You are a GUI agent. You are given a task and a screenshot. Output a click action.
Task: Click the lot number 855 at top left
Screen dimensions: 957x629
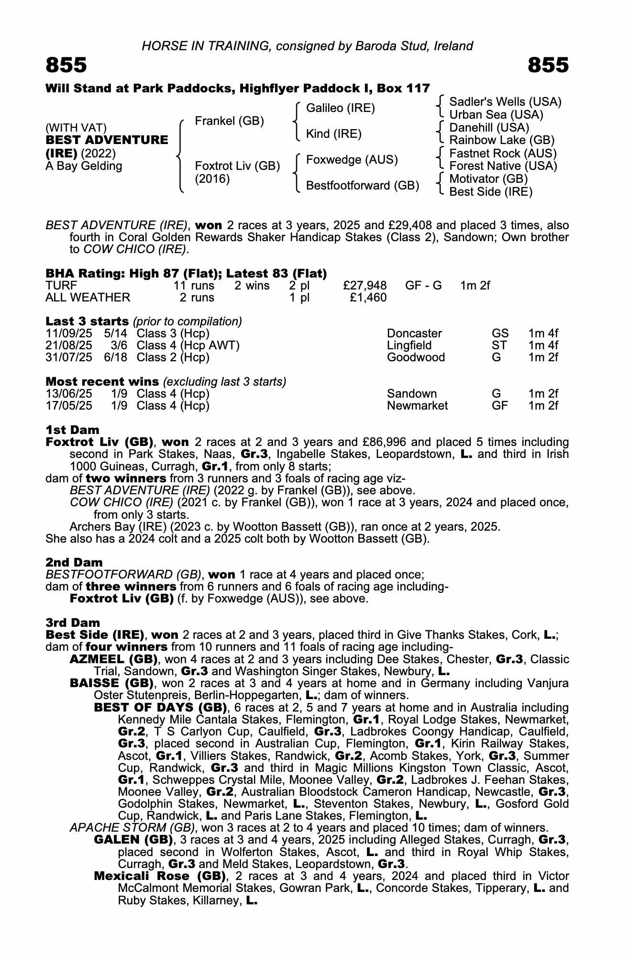click(66, 65)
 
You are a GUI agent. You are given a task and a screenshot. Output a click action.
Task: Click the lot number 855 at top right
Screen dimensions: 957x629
click(548, 65)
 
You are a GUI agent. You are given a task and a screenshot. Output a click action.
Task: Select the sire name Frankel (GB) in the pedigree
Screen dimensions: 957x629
click(229, 121)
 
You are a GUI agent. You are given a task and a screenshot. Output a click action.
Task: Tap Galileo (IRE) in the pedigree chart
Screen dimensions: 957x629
click(340, 108)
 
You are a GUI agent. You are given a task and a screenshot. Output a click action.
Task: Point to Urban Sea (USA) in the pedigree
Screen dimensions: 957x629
click(496, 115)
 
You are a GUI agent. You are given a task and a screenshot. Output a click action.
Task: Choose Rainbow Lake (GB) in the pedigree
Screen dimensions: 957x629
click(502, 140)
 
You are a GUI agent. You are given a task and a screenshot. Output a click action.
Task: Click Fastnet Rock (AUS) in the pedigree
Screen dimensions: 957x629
click(503, 154)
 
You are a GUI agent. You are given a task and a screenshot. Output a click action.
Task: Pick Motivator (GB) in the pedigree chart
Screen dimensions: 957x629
click(488, 179)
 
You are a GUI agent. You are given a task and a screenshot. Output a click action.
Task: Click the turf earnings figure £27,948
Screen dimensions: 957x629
click(365, 286)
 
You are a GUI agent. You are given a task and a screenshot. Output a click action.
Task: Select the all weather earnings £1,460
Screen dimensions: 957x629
click(368, 298)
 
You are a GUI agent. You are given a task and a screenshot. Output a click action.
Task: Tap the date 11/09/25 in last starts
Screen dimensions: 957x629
click(68, 334)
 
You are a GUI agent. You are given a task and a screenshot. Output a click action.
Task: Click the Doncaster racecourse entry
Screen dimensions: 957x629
click(414, 334)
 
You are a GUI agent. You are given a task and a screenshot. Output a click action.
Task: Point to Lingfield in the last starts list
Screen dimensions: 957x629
click(409, 345)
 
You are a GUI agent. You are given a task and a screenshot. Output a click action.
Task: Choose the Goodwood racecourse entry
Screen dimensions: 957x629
click(416, 357)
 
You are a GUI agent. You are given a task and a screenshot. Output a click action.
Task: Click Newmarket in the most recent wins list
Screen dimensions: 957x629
click(417, 406)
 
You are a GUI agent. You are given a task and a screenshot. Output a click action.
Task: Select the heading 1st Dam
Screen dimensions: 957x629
click(72, 430)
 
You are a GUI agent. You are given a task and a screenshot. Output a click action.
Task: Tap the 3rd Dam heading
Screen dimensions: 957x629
click(73, 623)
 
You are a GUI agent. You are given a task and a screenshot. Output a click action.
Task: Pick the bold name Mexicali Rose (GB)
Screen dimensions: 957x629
click(160, 876)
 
